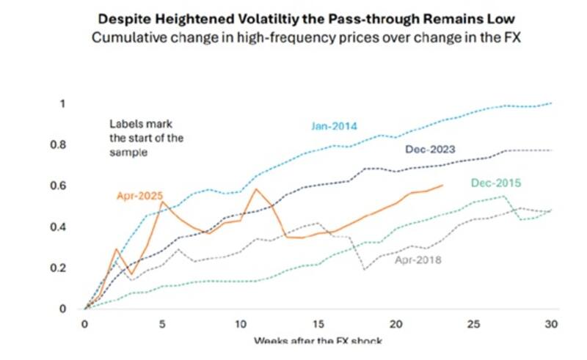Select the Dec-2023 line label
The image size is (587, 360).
(429, 149)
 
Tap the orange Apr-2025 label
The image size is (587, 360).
(139, 196)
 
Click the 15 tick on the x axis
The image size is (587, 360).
(318, 324)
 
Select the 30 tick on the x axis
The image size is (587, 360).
(551, 324)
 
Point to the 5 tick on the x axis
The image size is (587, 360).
(163, 324)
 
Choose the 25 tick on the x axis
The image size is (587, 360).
(473, 324)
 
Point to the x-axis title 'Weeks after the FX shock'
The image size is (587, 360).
(318, 341)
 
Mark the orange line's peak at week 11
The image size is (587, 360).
(256, 189)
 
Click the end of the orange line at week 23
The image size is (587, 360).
(442, 185)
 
